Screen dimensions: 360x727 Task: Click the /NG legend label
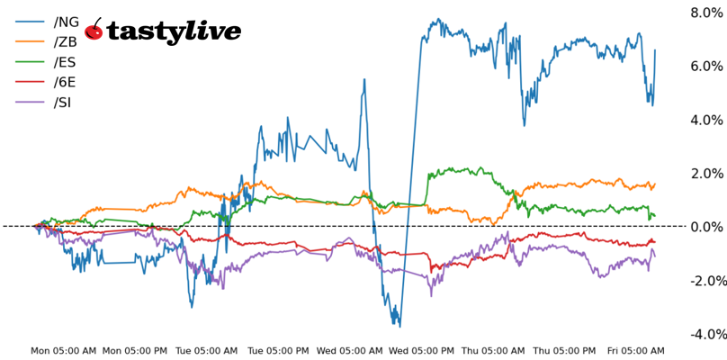coord(67,22)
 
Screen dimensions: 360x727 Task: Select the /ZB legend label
coord(66,41)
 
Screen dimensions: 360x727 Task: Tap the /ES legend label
coord(66,62)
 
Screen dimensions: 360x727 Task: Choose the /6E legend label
coord(66,82)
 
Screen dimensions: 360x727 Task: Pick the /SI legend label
coord(63,102)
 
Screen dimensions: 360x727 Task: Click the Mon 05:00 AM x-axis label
coord(64,351)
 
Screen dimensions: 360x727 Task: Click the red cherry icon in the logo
coord(94,31)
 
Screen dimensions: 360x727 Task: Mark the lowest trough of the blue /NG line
coord(399,326)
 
